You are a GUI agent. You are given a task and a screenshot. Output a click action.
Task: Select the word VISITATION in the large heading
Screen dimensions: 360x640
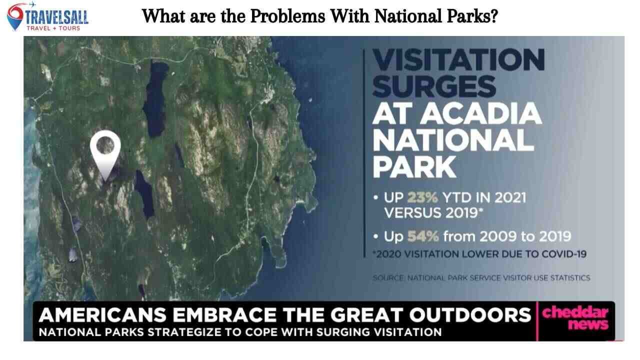point(458,60)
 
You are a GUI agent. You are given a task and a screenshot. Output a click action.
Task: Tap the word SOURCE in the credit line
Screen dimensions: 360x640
point(388,277)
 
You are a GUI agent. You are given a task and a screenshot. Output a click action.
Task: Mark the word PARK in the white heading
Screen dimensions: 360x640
point(414,167)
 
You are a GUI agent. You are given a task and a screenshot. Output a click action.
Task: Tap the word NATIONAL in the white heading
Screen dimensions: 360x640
point(452,140)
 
